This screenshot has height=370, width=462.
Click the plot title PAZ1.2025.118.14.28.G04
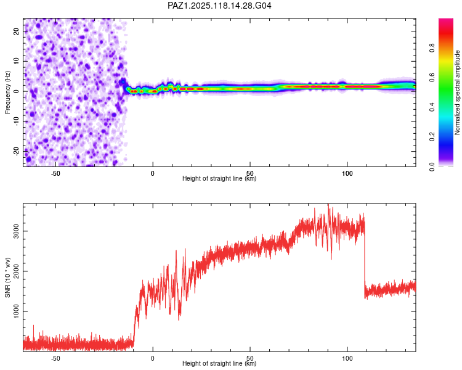pyautogui.click(x=219, y=6)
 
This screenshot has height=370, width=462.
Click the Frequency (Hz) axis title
pyautogui.click(x=7, y=92)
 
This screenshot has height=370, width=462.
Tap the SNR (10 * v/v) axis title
pyautogui.click(x=7, y=277)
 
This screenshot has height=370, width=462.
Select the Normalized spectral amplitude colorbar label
pyautogui.click(x=457, y=92)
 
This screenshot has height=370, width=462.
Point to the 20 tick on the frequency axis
pyautogui.click(x=17, y=31)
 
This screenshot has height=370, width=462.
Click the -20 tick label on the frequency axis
pyautogui.click(x=17, y=152)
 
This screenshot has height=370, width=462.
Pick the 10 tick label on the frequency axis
pyautogui.click(x=17, y=61)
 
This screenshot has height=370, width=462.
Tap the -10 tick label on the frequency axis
pyautogui.click(x=17, y=121)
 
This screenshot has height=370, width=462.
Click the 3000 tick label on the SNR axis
pyautogui.click(x=17, y=231)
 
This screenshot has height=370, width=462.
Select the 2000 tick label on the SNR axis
pyautogui.click(x=17, y=271)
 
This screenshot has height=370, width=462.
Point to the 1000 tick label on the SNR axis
pyautogui.click(x=17, y=311)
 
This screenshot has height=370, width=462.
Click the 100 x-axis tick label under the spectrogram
pyautogui.click(x=347, y=173)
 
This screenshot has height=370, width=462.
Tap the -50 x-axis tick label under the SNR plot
pyautogui.click(x=55, y=358)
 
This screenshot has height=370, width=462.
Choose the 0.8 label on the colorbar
pyautogui.click(x=432, y=47)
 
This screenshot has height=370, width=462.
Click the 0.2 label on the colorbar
pyautogui.click(x=432, y=137)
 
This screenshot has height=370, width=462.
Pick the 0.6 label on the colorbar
pyautogui.click(x=432, y=77)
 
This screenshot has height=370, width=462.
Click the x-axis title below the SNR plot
pyautogui.click(x=219, y=363)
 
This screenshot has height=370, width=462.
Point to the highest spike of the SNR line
pyautogui.click(x=328, y=204)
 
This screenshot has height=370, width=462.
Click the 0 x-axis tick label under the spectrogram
pyautogui.click(x=153, y=173)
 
